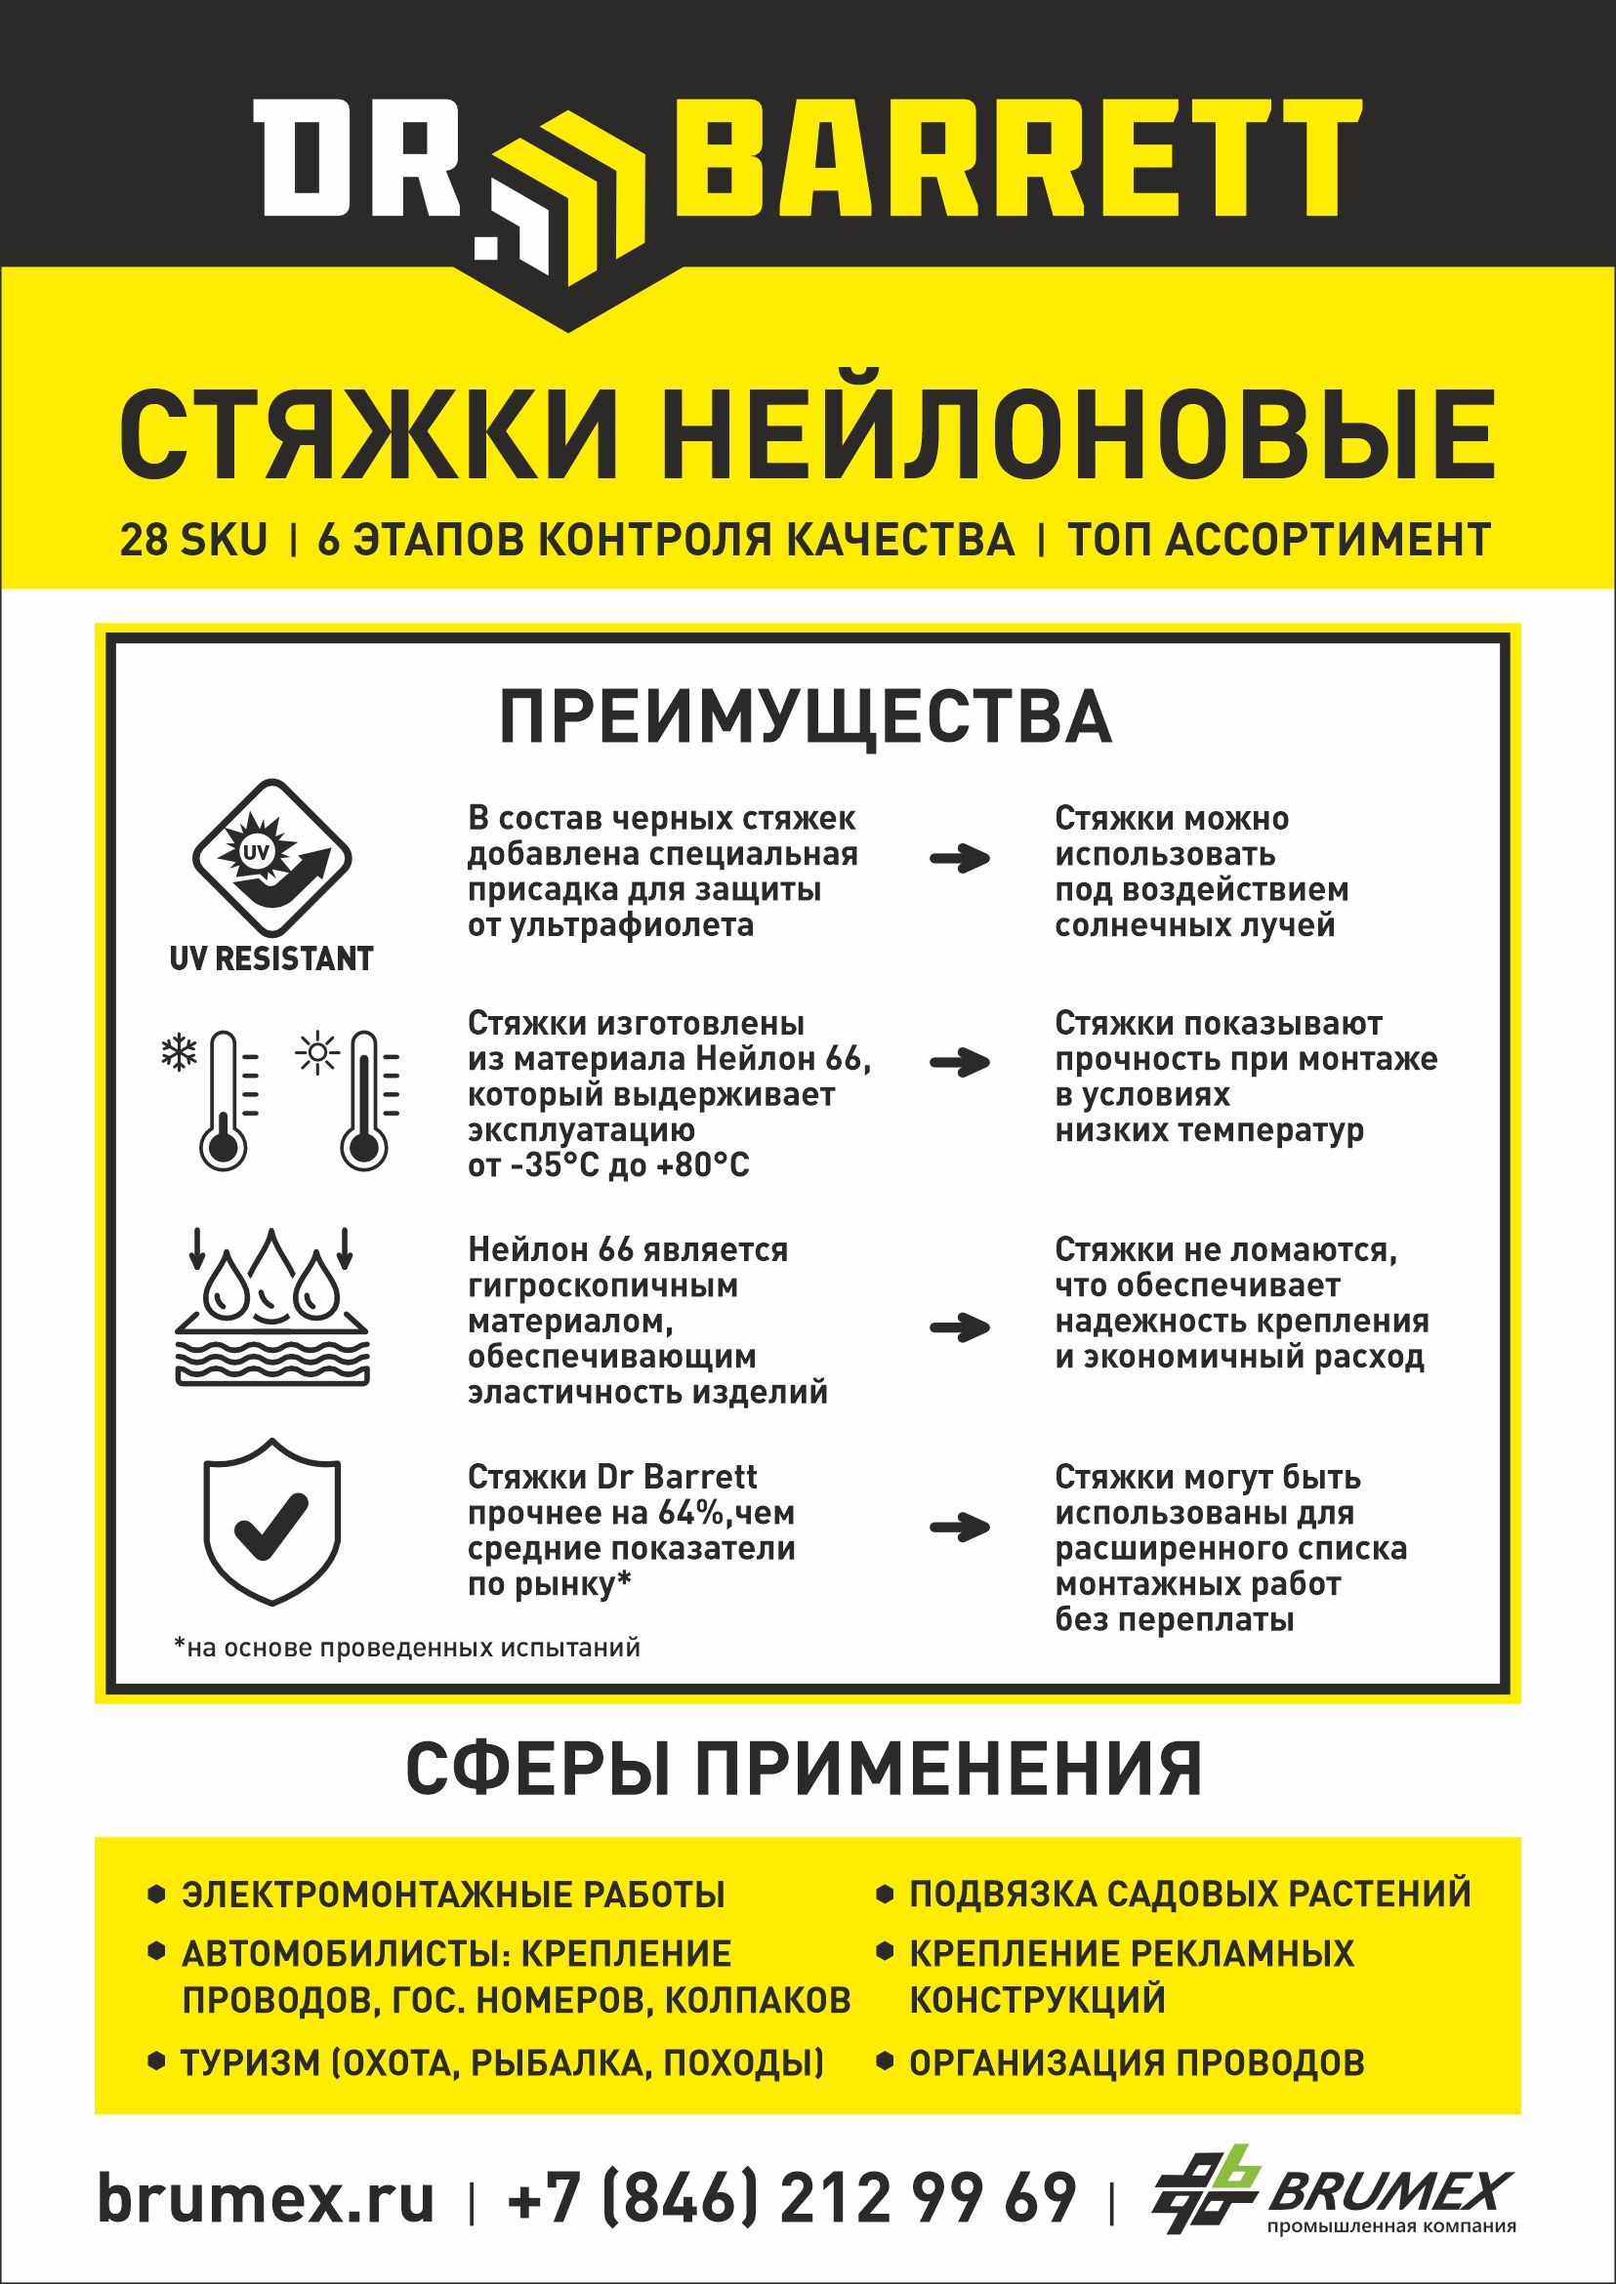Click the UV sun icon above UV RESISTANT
click(270, 859)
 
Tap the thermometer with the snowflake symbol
click(221, 1098)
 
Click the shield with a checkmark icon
click(271, 1519)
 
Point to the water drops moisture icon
click(271, 1306)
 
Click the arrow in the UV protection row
click(959, 859)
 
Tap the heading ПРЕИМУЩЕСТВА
click(805, 717)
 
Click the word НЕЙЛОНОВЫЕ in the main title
click(1079, 436)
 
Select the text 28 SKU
click(194, 540)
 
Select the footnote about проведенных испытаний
click(407, 1649)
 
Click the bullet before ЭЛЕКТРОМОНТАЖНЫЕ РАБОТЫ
click(155, 1894)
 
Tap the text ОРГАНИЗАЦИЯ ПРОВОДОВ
click(1137, 2063)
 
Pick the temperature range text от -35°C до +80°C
click(608, 1164)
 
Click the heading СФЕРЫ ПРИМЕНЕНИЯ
click(804, 1769)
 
